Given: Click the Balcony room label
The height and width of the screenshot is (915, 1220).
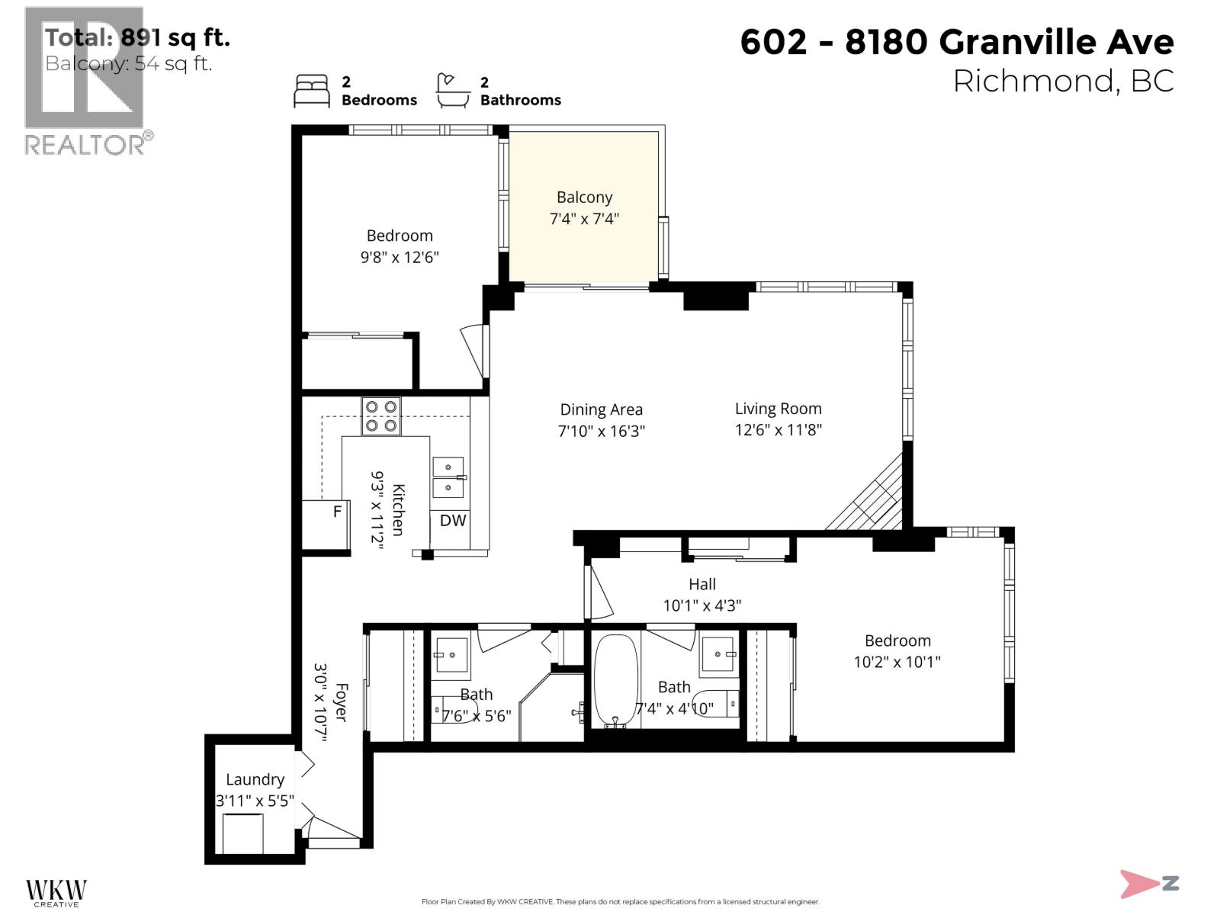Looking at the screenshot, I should (x=584, y=197).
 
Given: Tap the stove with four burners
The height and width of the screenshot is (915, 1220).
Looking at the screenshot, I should (x=380, y=416).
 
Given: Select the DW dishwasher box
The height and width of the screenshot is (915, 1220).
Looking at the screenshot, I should (x=453, y=521).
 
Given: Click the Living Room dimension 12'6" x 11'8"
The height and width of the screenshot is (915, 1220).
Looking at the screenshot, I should (x=778, y=430).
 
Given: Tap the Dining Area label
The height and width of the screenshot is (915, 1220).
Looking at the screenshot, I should (x=601, y=410).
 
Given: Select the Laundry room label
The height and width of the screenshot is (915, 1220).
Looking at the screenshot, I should (x=255, y=779).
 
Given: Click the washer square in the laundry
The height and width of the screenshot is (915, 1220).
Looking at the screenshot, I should (x=243, y=833).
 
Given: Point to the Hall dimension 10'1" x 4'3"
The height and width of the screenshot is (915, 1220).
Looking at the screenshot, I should (x=701, y=605).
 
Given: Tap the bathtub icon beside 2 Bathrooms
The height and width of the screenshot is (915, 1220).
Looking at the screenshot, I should (x=452, y=91).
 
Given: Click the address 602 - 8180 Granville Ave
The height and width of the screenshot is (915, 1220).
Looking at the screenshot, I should (x=956, y=42).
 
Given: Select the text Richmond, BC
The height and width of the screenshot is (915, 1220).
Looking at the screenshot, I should (x=1063, y=82).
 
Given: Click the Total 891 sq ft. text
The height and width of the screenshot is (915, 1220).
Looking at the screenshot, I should (x=137, y=37).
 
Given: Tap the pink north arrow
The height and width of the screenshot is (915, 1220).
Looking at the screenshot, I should (x=1140, y=884).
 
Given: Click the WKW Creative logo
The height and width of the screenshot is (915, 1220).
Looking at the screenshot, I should (x=56, y=893).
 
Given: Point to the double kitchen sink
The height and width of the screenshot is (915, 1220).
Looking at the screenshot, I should (x=448, y=477).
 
